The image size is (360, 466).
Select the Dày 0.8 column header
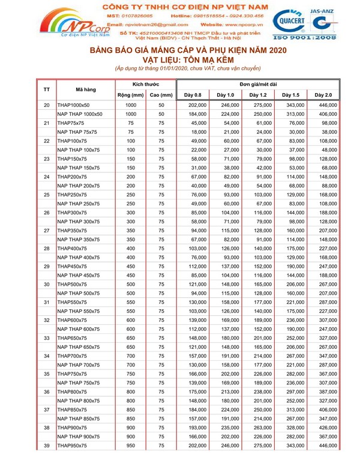point(192,95)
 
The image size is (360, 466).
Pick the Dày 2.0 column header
point(323,95)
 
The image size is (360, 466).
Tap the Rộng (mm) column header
point(130,95)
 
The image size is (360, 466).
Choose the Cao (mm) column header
point(161,95)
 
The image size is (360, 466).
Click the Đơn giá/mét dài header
point(257,84)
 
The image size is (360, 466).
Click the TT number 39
point(47,446)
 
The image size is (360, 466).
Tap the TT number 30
point(47,284)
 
